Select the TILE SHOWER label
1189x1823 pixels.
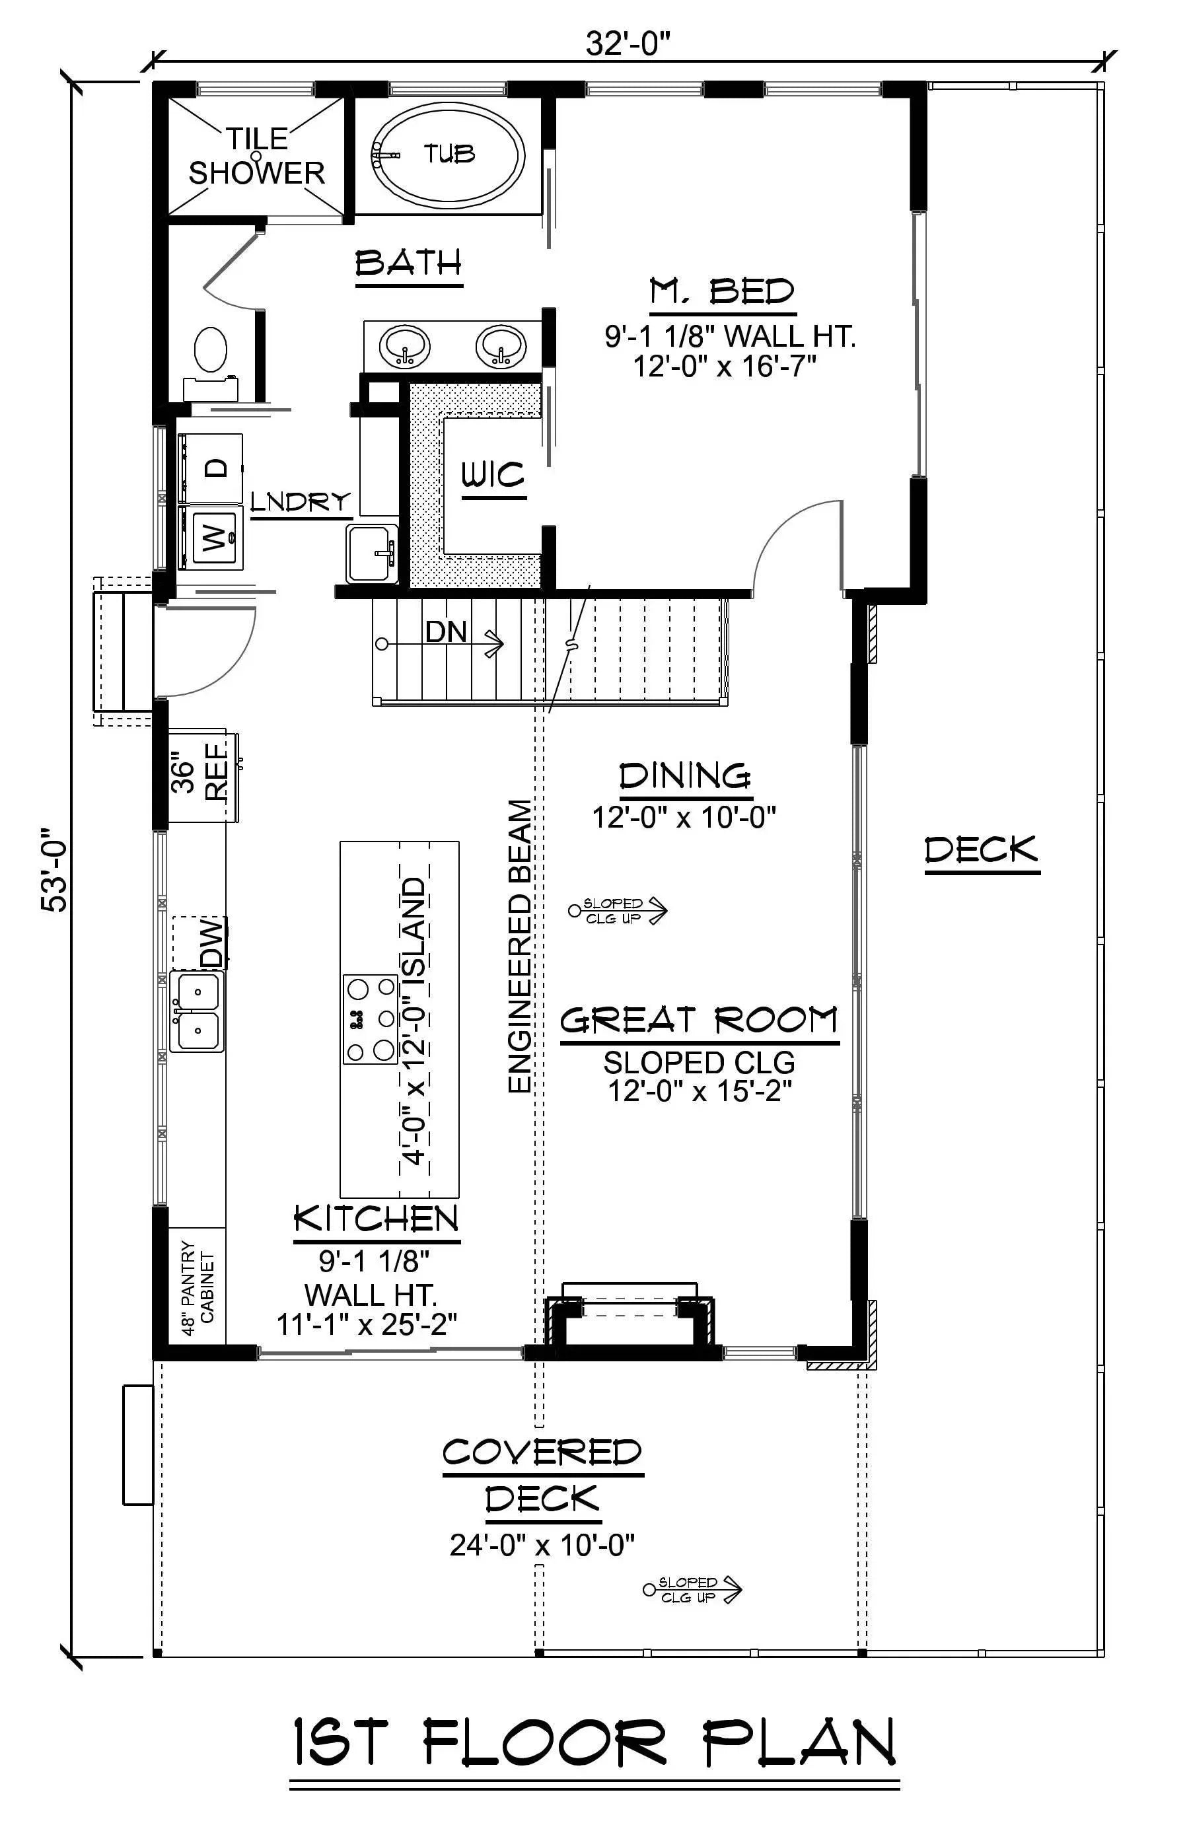click(x=257, y=157)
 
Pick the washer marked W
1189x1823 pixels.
click(x=211, y=537)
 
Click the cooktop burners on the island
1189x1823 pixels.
click(x=370, y=1019)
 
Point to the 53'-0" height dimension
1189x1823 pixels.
click(x=55, y=869)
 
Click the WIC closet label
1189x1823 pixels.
click(x=493, y=476)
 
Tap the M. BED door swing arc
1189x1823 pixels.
click(x=789, y=536)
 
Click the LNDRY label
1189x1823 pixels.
click(x=301, y=503)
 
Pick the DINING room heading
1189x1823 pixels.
click(x=684, y=776)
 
